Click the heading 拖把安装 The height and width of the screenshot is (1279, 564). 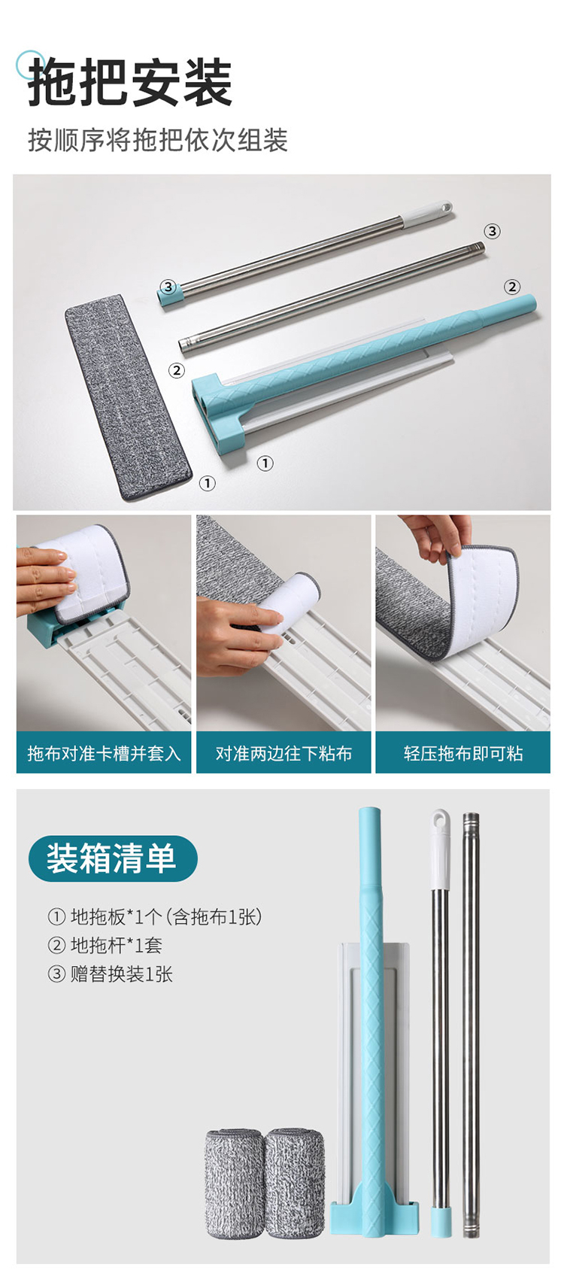point(130,82)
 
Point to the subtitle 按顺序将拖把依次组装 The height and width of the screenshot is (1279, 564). point(158,141)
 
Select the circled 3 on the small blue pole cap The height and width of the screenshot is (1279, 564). point(167,287)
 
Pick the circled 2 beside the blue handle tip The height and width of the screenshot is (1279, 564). point(511,287)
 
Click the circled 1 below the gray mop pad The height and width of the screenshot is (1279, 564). point(208,483)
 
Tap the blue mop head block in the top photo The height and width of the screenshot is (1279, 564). point(221,409)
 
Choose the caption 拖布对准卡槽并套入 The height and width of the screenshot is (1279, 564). point(104,754)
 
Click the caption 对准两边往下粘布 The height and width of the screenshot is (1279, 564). point(284,754)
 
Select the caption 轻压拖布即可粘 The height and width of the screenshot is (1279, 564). point(463,754)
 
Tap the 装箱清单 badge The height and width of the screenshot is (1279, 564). point(113,858)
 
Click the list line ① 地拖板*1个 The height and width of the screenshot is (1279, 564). point(154,917)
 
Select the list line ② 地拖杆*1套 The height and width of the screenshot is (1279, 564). point(105,946)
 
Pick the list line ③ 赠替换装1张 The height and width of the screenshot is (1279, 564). point(111,974)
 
